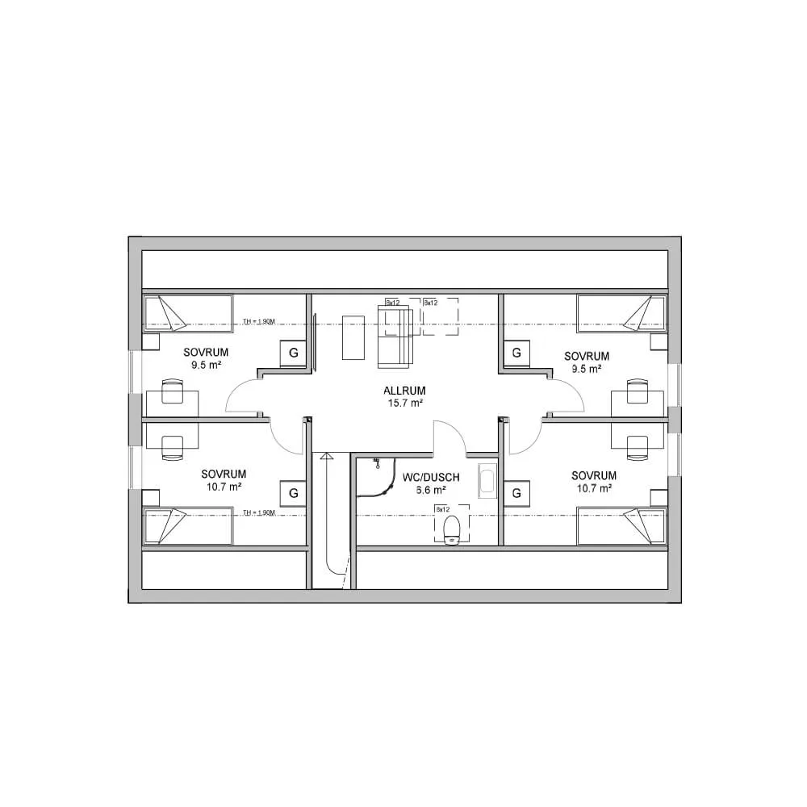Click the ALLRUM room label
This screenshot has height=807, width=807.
(x=403, y=390)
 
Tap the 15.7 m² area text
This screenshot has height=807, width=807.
(x=403, y=403)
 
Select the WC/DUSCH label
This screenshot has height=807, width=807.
(x=431, y=478)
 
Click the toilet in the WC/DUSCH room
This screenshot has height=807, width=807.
(x=452, y=530)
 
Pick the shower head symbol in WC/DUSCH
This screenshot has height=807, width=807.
(x=377, y=464)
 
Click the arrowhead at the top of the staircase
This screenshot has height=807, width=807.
(x=326, y=456)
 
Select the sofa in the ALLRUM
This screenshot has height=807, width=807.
(x=395, y=332)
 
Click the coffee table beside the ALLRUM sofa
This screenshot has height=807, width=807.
(x=353, y=337)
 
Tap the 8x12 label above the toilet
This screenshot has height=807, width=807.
(x=442, y=510)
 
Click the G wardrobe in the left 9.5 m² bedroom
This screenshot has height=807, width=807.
(x=293, y=353)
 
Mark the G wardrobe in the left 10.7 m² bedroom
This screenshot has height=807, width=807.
(x=293, y=492)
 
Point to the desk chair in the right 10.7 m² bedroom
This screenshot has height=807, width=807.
(x=639, y=446)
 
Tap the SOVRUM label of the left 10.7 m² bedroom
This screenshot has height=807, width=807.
(x=224, y=475)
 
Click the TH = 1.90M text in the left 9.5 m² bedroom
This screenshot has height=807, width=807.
(x=259, y=322)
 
